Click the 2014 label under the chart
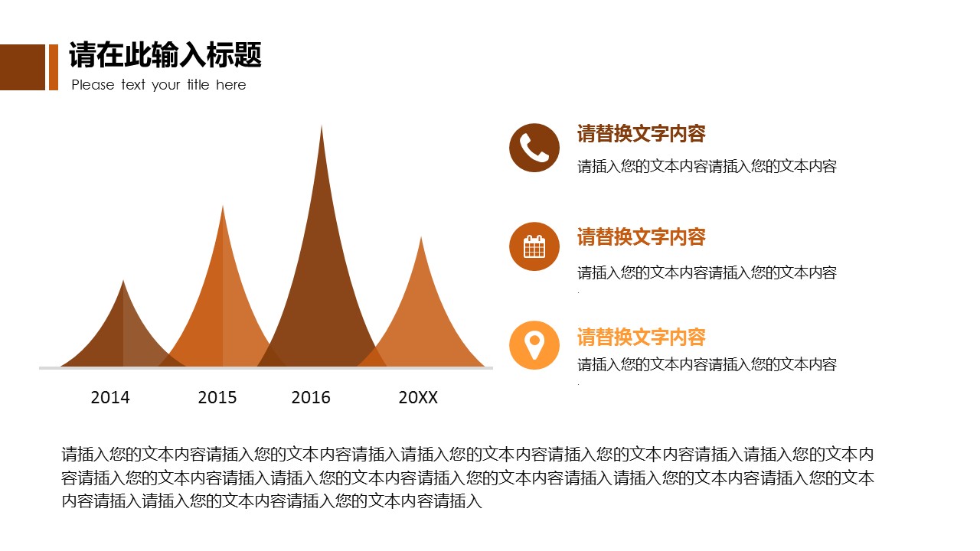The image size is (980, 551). pos(110,397)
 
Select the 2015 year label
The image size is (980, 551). pos(217,397)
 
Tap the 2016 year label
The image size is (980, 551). pos(311,397)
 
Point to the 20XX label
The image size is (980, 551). pos(418,397)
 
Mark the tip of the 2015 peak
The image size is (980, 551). pos(223,208)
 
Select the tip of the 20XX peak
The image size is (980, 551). pos(420,240)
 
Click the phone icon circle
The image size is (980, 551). pos(534,148)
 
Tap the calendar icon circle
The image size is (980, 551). pos(534,246)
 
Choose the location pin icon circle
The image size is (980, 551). pos(534,345)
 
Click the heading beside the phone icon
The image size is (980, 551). pos(641,134)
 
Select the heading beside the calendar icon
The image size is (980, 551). pos(641,237)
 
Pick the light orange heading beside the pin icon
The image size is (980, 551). pos(641,337)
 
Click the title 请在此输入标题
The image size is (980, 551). pos(165,55)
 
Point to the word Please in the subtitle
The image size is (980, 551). pos(93,85)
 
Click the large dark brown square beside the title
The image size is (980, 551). pos(22,67)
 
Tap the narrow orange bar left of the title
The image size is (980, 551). pos(54,67)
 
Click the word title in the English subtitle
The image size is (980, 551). pos(198,85)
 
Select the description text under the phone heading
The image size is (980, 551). pos(707,167)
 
